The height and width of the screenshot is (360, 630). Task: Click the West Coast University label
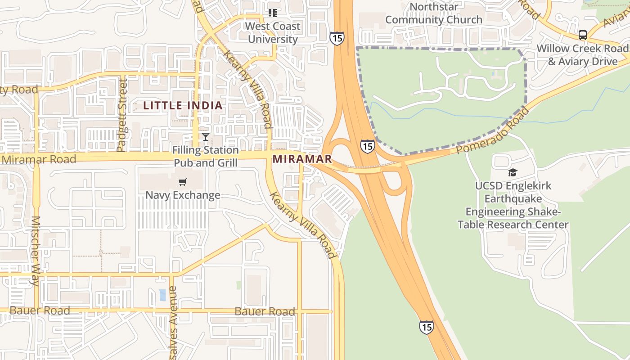[273, 32]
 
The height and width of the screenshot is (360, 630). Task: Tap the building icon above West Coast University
[272, 13]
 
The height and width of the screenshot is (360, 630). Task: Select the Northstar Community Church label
[434, 13]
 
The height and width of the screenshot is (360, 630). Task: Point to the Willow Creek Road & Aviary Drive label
[583, 54]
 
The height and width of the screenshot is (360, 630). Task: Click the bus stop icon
[583, 35]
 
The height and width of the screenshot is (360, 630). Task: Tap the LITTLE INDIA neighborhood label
[183, 106]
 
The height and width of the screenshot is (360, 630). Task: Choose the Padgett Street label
[122, 115]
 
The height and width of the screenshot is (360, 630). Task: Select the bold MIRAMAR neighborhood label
[302, 159]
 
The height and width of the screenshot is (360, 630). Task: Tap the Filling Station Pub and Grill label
[206, 156]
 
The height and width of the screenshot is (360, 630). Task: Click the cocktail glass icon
[206, 136]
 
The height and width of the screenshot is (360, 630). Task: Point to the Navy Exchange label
[183, 195]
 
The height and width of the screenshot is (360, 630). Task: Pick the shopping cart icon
[182, 182]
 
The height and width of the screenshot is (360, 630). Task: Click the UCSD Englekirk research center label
[513, 205]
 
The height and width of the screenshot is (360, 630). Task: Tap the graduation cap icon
[513, 172]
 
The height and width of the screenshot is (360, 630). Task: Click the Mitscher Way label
[35, 251]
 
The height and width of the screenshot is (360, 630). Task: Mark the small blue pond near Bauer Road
[162, 295]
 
